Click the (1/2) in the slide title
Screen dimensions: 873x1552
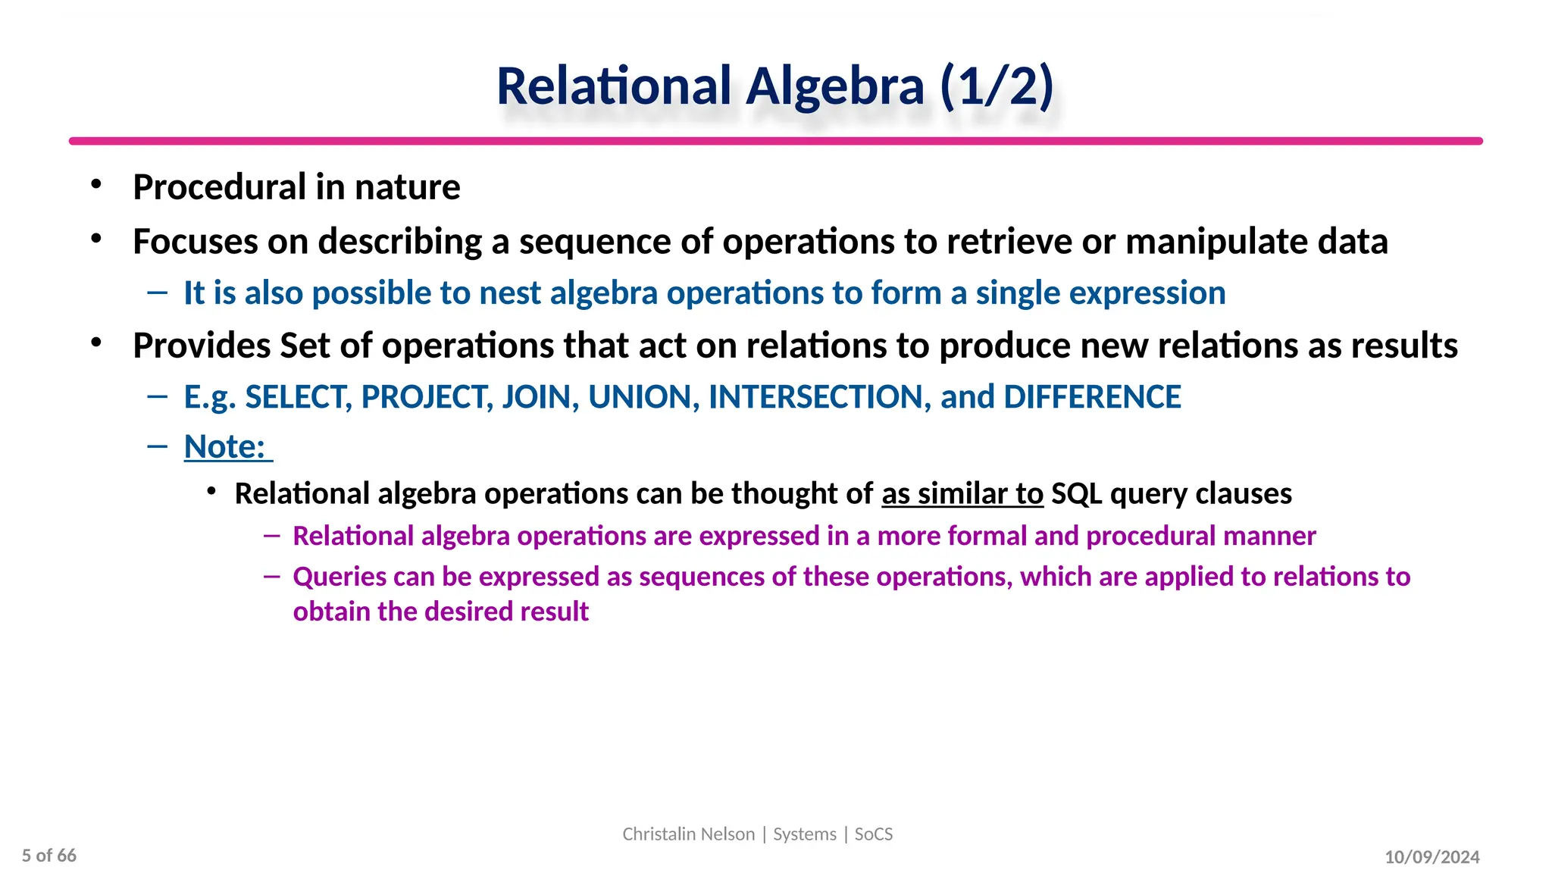click(997, 86)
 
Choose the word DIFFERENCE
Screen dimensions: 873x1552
click(1092, 397)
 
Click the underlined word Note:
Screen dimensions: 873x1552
click(225, 447)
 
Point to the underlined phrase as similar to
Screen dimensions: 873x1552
click(962, 494)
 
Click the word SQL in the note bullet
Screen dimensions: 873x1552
click(1076, 494)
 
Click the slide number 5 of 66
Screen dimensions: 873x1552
click(49, 856)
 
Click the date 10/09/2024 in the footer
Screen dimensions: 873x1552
click(1432, 857)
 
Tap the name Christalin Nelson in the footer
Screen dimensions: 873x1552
click(688, 834)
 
